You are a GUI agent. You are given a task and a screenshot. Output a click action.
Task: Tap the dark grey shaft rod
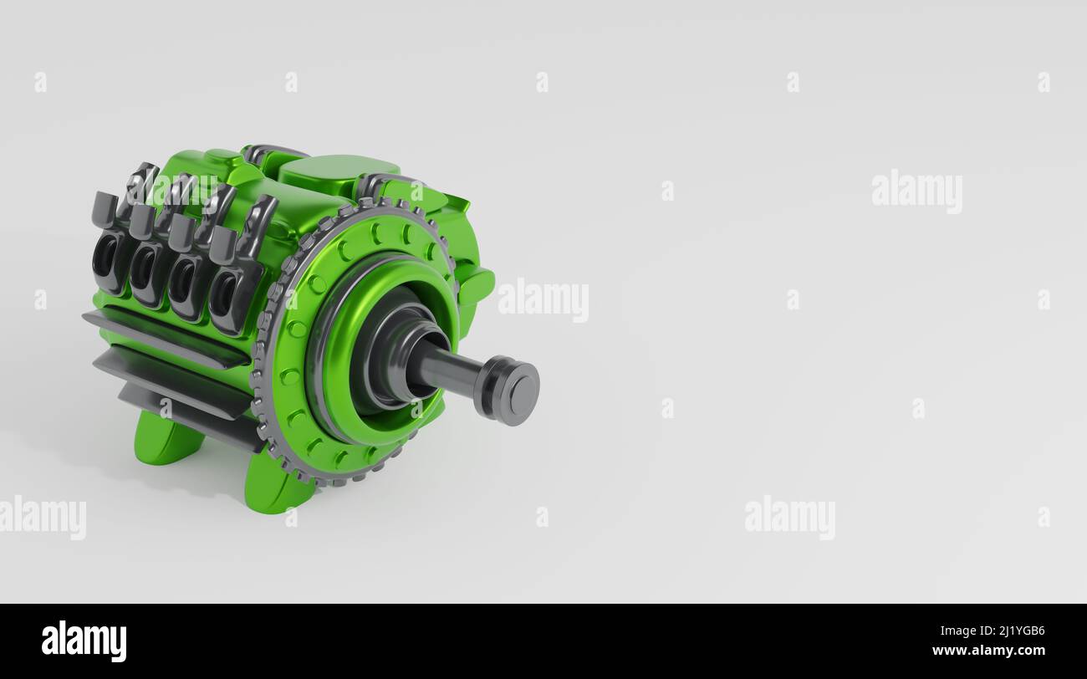pyautogui.click(x=447, y=369)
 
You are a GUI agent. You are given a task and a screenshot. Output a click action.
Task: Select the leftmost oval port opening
pyautogui.click(x=105, y=255)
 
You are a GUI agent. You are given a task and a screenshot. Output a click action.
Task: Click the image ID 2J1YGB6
pyautogui.click(x=1013, y=631)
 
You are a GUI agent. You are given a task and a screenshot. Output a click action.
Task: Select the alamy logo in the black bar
pyautogui.click(x=84, y=641)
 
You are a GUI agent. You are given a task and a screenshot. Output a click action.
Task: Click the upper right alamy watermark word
pyautogui.click(x=916, y=191)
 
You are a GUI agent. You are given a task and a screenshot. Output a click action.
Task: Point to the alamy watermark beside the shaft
pyautogui.click(x=543, y=299)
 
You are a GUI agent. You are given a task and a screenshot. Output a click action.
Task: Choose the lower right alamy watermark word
pyautogui.click(x=789, y=517)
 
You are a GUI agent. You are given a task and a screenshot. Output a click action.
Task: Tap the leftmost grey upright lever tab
pyautogui.click(x=104, y=210)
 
